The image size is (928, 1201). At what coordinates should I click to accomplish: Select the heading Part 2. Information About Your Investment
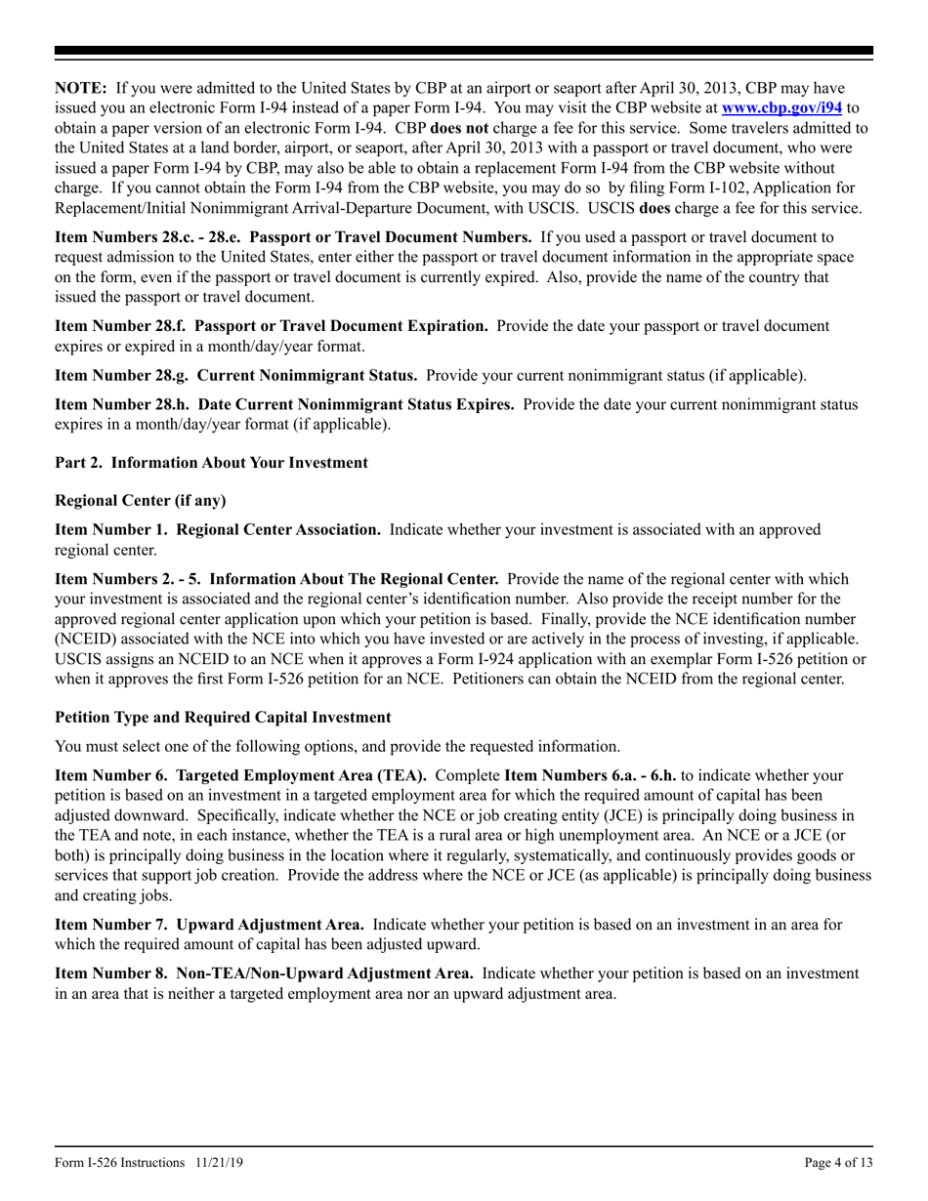pos(211,463)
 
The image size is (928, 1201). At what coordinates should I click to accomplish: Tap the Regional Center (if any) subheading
pos(140,501)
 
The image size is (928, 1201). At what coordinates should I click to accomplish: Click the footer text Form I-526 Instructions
pos(118,1163)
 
